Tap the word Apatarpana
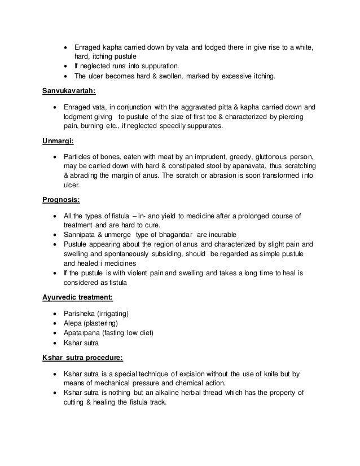tap(82, 332)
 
